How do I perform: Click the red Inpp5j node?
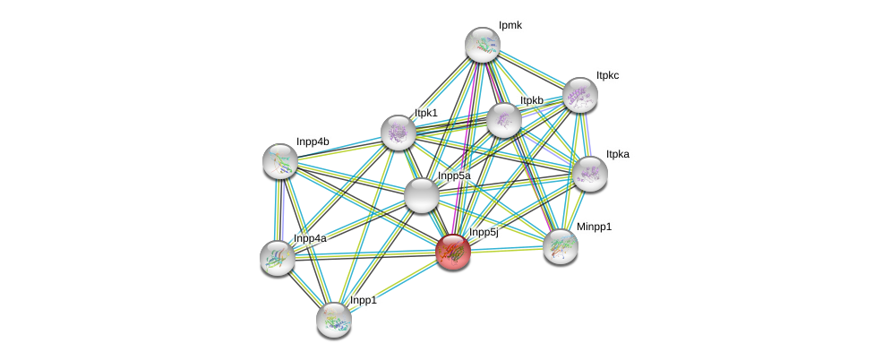click(453, 252)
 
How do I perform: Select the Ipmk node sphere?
click(482, 45)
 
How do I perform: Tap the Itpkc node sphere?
click(579, 95)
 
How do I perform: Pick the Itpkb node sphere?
click(503, 120)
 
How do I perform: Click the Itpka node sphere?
click(589, 174)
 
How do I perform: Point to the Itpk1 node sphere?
click(398, 133)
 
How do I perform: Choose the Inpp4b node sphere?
click(279, 160)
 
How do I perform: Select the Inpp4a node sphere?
click(278, 257)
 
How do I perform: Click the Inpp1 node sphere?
click(333, 319)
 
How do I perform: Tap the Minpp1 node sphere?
click(561, 246)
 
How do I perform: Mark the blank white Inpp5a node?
click(421, 195)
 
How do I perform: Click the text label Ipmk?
click(510, 26)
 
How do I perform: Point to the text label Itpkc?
click(607, 76)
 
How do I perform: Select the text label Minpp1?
click(594, 227)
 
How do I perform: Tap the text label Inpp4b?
click(312, 141)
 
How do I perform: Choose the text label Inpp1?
click(363, 301)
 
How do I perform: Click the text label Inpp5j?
click(484, 233)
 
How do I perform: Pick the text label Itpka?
click(617, 155)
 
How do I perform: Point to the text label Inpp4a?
click(310, 238)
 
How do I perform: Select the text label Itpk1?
click(426, 113)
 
